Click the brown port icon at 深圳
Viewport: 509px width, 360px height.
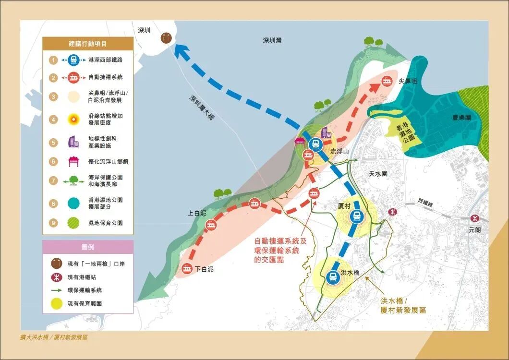click(x=166, y=38)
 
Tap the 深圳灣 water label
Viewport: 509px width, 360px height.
click(x=272, y=41)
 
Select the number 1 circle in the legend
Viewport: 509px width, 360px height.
click(x=53, y=60)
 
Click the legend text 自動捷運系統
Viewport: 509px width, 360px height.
click(x=106, y=77)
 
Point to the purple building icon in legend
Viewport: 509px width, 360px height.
click(x=73, y=142)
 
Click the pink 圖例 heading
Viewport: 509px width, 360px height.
click(x=87, y=247)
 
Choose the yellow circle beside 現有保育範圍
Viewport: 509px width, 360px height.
click(x=57, y=303)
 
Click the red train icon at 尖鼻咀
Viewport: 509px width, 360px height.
click(x=387, y=82)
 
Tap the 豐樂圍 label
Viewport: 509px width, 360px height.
click(x=461, y=117)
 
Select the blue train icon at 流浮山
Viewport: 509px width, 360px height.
click(x=315, y=143)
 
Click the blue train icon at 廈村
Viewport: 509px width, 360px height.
click(x=356, y=216)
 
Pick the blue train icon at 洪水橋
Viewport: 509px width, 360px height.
click(x=332, y=277)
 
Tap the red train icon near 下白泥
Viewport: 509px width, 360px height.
click(x=187, y=269)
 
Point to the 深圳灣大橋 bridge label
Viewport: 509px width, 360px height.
click(x=201, y=108)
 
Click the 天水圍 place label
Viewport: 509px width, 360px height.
click(x=378, y=174)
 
